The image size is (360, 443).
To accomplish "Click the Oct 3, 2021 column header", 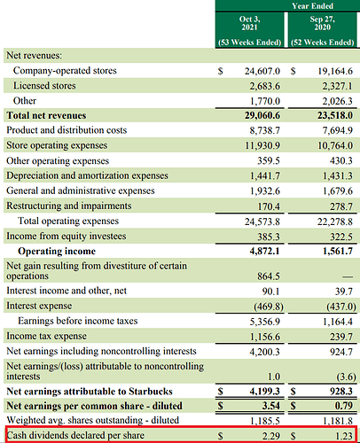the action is coord(250,23).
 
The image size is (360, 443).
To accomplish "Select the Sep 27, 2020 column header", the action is coord(322,23).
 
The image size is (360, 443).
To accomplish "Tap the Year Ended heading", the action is coord(312,6).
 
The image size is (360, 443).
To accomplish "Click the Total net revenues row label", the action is coord(46,115).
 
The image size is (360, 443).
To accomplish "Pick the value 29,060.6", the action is coord(262,115).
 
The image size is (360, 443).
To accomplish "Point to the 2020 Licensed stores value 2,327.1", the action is coord(337,86).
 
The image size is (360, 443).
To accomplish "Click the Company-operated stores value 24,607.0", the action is coord(262,71).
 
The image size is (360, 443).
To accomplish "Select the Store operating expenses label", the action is coord(57,145).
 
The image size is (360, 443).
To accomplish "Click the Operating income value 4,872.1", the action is coord(264,251).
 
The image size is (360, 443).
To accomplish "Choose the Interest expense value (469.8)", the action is coord(269,307).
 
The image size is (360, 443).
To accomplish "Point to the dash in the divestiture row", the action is coord(348,276).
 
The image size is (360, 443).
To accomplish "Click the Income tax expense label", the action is coord(46,336).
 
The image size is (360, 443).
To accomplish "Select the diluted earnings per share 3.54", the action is coord(270,406).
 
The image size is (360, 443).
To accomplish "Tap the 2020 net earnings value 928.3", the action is coord(341,392).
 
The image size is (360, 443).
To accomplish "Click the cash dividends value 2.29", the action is coord(271,436).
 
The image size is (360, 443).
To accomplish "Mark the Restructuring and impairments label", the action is coord(69,206).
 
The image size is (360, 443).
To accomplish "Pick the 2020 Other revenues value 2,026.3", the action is coord(337,101).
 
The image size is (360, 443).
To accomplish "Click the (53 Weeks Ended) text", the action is coord(250,43).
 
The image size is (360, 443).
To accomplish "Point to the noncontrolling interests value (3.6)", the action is coord(346,377).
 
